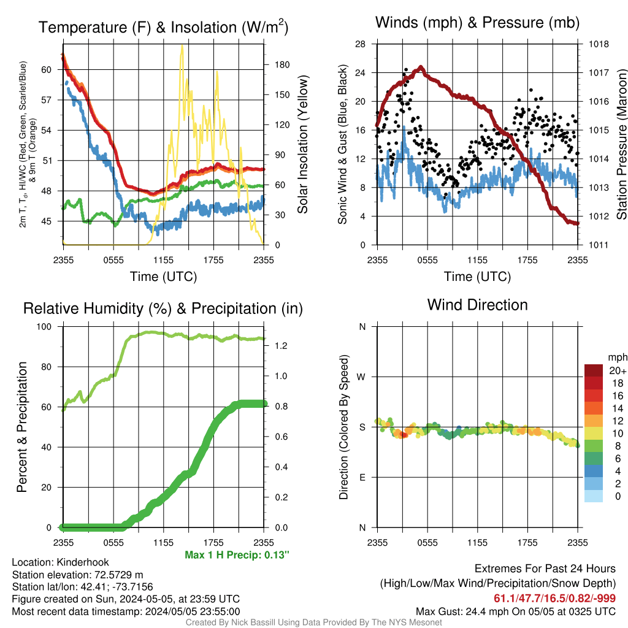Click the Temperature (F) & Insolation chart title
[163, 27]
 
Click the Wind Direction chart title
[477, 305]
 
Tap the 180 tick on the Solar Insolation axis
[282, 65]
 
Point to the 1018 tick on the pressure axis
[599, 44]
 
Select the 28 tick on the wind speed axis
[360, 44]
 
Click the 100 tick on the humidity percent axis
[44, 326]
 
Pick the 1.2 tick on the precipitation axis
[281, 346]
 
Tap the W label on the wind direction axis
[361, 377]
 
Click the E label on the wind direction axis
[362, 477]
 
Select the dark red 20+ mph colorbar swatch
[594, 370]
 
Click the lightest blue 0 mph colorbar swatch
[594, 496]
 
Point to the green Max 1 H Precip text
[237, 554]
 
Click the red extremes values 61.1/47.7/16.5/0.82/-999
[554, 598]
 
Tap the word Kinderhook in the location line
[83, 562]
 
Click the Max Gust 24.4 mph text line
[515, 611]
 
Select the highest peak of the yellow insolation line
[182, 45]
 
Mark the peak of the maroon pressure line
[420, 67]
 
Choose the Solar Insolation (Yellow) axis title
[303, 144]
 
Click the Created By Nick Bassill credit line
[313, 622]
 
